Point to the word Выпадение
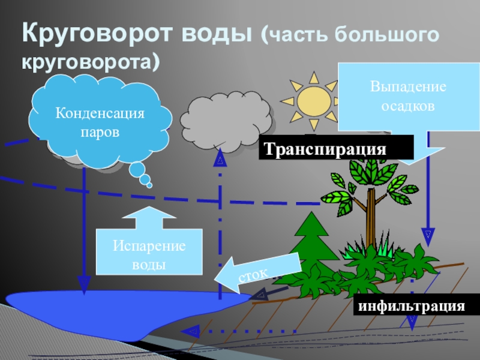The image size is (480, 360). click(x=408, y=86)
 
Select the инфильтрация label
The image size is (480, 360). click(x=412, y=306)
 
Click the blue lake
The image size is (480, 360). click(x=120, y=309)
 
